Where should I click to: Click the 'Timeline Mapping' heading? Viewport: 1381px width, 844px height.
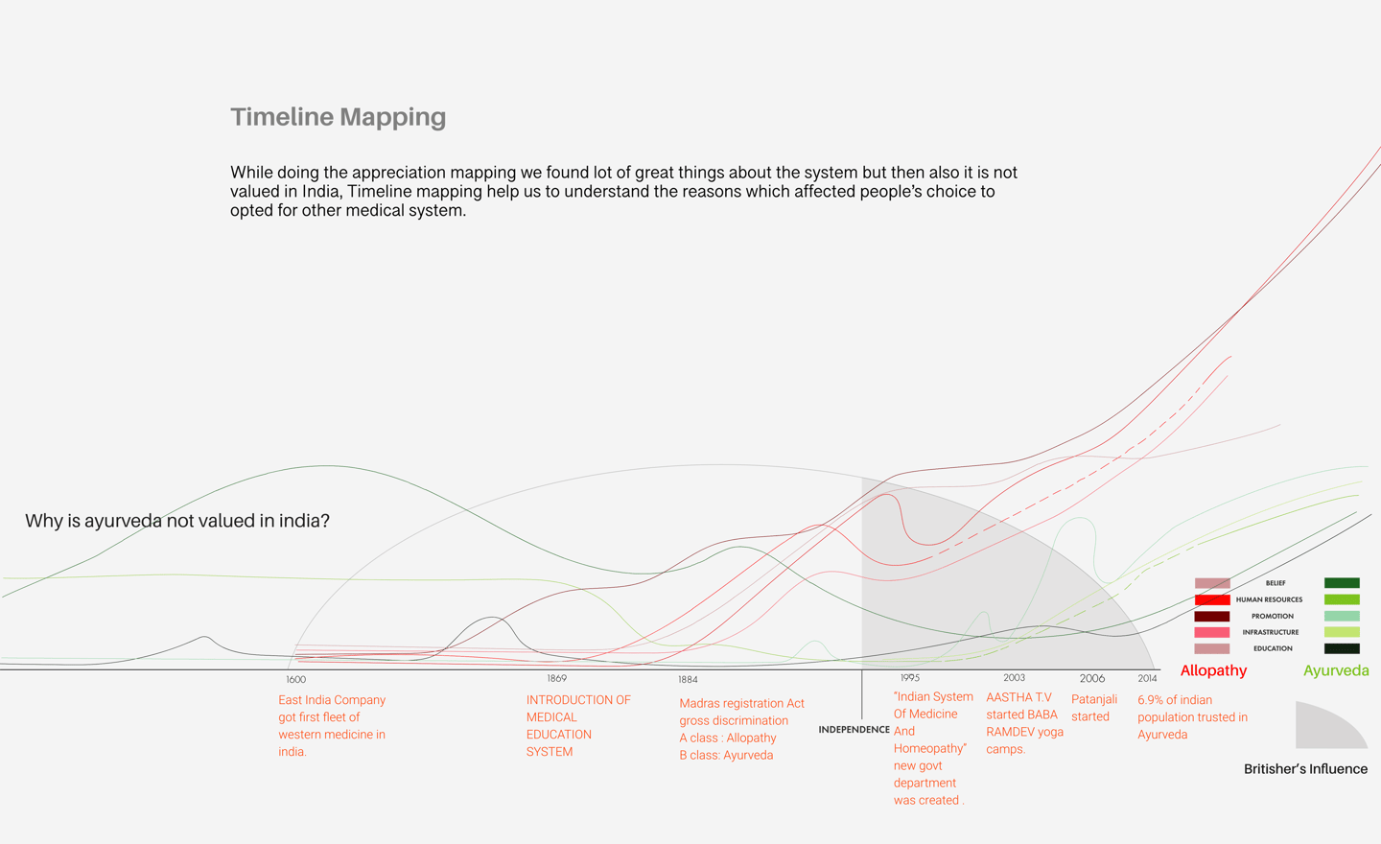point(338,117)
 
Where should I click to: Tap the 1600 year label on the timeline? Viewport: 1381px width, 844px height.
point(295,680)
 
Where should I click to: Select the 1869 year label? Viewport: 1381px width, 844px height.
point(556,678)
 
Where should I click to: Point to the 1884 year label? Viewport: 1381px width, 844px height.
point(688,680)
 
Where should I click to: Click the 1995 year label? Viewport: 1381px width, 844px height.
point(909,678)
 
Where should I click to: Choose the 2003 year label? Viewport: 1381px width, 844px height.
point(1014,678)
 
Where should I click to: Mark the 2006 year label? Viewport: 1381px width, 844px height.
point(1091,678)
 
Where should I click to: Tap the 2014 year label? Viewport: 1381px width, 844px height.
point(1147,678)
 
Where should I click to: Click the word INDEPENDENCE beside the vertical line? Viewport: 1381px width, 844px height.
point(854,730)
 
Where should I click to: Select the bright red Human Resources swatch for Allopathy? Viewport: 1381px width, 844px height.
point(1212,599)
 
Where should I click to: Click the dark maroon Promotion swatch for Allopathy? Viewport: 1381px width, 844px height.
point(1212,616)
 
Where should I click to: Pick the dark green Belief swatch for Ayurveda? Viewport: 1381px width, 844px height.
point(1342,583)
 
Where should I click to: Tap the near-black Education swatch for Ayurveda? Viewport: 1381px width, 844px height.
point(1342,648)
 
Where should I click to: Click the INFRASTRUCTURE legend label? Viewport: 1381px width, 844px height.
point(1270,632)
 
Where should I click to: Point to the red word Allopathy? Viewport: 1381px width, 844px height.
point(1213,671)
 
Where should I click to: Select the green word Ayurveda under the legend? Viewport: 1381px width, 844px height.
point(1336,671)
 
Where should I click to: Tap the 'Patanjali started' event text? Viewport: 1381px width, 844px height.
point(1093,708)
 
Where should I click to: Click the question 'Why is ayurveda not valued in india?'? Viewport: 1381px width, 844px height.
point(177,521)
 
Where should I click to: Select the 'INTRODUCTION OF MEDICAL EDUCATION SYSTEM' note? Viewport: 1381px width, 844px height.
point(577,726)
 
